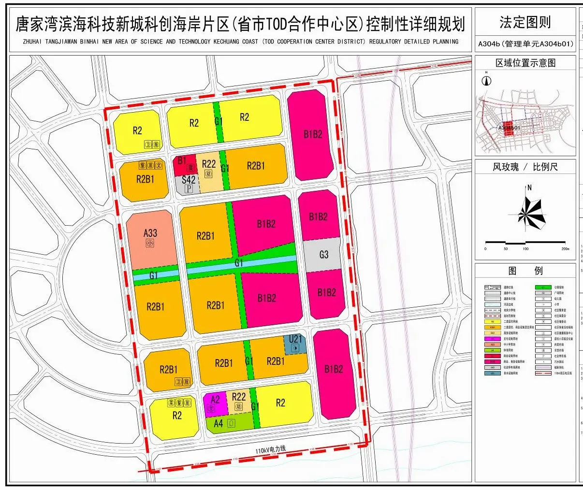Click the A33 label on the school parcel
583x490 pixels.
[150, 233]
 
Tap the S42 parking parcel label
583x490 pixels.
[189, 180]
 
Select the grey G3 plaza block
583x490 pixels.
[323, 254]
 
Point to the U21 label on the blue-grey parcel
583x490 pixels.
[295, 339]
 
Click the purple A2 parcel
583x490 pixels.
[215, 404]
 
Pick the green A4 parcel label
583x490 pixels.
[219, 423]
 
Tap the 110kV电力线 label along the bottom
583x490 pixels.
[271, 449]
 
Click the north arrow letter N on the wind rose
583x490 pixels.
[530, 187]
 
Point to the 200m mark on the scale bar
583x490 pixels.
[565, 249]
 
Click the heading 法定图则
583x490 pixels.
[525, 22]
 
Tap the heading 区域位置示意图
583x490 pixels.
[525, 63]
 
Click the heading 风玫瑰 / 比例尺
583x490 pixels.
[525, 167]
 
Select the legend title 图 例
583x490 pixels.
[525, 271]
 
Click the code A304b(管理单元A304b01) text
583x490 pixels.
[525, 44]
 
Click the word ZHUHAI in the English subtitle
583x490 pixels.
[33, 42]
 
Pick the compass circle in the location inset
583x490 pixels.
[487, 81]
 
